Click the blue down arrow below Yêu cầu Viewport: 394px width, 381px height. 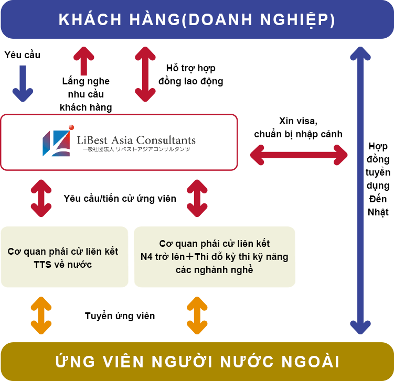tap(23, 83)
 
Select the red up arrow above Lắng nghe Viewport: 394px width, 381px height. tap(83, 61)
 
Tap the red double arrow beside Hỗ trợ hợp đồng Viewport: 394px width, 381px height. tap(145, 74)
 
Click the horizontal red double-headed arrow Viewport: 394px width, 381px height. tap(299, 155)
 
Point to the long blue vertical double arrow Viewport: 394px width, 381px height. tap(360, 191)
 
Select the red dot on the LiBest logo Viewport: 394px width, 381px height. tap(71, 127)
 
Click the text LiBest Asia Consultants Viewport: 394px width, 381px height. tap(136, 140)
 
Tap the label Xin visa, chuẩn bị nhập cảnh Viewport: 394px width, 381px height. tap(299, 127)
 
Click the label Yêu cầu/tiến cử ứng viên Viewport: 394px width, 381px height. tap(120, 199)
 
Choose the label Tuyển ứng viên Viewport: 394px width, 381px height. tap(120, 316)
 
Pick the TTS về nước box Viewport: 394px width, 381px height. tap(65, 257)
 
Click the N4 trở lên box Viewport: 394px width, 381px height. tap(215, 257)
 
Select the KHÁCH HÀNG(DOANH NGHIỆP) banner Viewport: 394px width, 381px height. tap(197, 19)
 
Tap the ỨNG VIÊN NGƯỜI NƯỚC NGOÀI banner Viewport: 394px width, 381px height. tap(197, 362)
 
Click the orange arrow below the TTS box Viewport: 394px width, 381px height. tap(41, 315)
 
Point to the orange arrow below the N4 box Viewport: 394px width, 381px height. tap(197, 315)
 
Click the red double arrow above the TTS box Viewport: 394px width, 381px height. tap(41, 198)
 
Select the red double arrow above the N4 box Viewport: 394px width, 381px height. tap(197, 198)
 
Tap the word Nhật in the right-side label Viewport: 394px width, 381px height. tap(378, 212)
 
